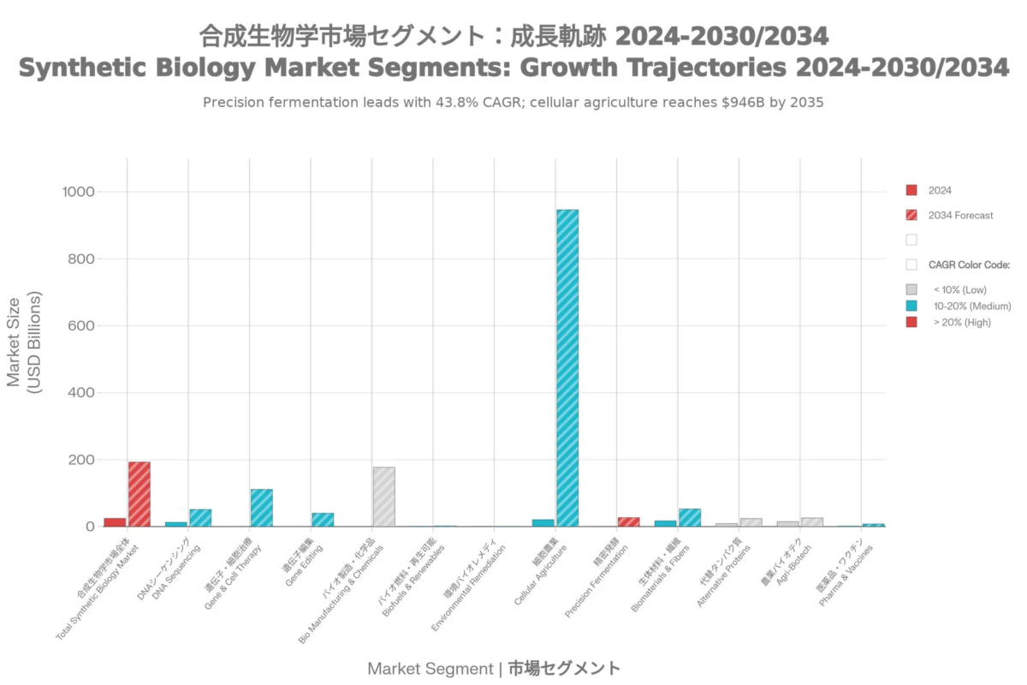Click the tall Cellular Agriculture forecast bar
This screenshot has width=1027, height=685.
[x=567, y=368]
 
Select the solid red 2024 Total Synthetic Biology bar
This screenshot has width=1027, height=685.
[x=115, y=521]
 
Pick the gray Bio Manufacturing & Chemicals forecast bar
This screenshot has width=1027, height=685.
[x=383, y=497]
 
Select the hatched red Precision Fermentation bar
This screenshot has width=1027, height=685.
[x=628, y=521]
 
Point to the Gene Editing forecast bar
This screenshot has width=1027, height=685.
[x=323, y=520]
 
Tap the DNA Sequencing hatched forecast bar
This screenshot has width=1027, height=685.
[x=200, y=517]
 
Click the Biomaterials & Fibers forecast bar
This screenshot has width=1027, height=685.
[x=689, y=517]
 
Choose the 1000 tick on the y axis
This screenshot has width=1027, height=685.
[x=77, y=192]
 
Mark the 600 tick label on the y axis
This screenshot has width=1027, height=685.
[x=81, y=325]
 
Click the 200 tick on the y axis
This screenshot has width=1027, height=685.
[x=81, y=460]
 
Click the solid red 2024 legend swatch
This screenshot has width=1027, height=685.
[x=911, y=190]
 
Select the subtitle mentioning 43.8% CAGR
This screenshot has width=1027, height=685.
[x=513, y=103]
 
